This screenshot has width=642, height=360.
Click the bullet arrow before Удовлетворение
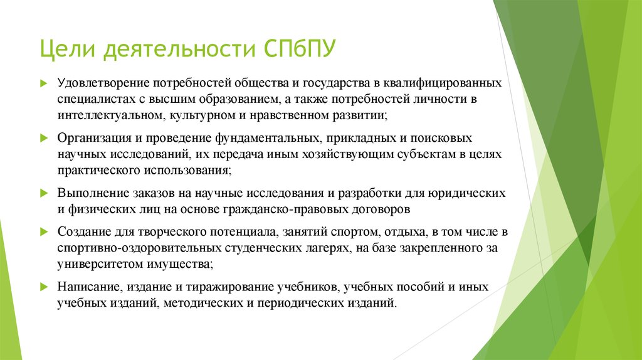[x=44, y=83]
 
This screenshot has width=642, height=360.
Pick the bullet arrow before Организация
[x=44, y=137]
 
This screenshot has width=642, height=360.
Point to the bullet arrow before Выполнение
[x=44, y=192]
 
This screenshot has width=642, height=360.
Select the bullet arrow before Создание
[x=44, y=231]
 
